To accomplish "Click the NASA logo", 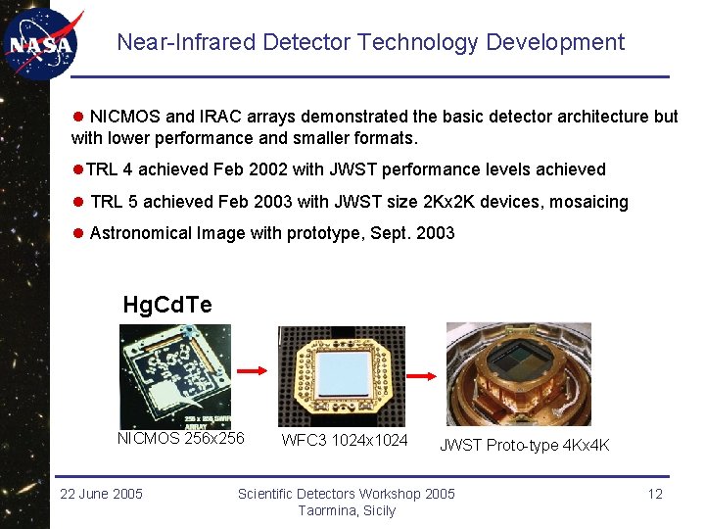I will [x=40, y=43].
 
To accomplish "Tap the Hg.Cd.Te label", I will [x=167, y=305].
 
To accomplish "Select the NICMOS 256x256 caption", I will [x=181, y=438].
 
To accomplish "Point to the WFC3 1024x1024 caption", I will [x=345, y=440].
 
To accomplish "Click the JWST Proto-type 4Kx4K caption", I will [x=524, y=445].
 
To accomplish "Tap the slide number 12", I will [x=655, y=493].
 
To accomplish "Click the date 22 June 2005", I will [x=101, y=493].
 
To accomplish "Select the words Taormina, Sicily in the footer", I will [x=347, y=510].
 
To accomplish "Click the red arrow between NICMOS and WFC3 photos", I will [x=253, y=370].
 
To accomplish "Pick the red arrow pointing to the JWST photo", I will [x=421, y=374].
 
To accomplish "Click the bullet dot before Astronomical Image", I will [x=78, y=234].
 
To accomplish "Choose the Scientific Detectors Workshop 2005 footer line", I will [x=347, y=493].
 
